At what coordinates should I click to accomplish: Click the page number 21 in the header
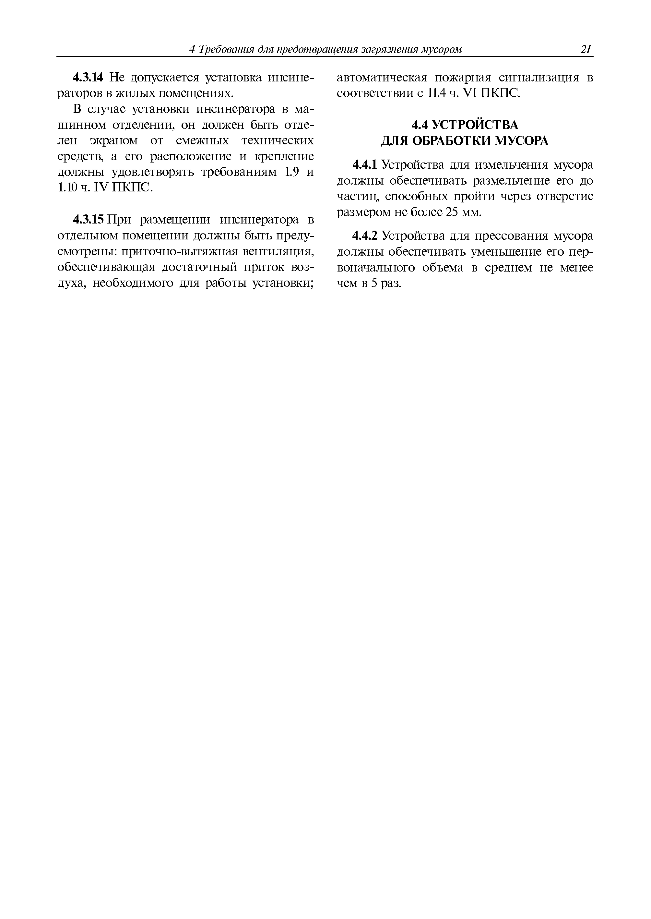point(585,49)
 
